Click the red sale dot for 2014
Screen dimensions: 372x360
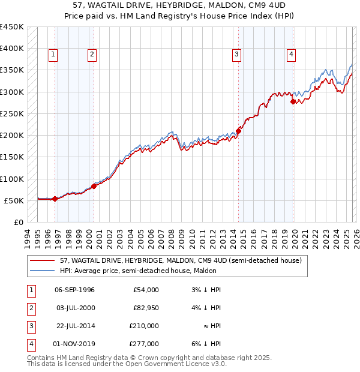point(238,130)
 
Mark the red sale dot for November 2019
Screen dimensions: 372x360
point(293,101)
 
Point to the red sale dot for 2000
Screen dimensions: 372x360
point(94,186)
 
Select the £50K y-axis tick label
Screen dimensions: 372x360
point(14,200)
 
